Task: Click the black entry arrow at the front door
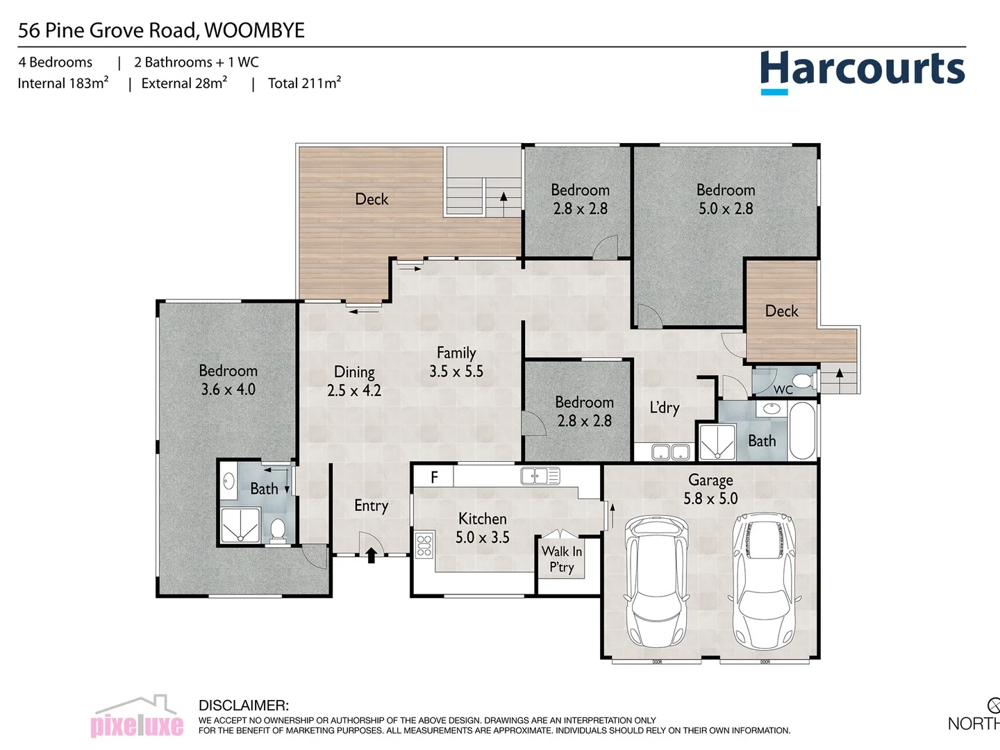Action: click(371, 554)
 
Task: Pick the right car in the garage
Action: click(762, 581)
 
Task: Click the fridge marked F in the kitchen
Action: click(434, 476)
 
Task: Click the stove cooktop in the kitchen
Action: click(424, 544)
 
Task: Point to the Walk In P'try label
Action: click(561, 559)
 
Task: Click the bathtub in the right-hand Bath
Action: click(802, 431)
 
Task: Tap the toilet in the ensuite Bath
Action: click(278, 530)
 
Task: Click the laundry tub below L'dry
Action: click(670, 453)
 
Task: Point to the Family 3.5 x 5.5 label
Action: click(456, 362)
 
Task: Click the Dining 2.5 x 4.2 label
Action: click(354, 381)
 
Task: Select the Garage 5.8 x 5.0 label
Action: click(710, 489)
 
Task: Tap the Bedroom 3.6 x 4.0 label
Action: click(228, 380)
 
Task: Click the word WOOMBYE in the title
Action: click(255, 31)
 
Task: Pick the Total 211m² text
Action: click(304, 83)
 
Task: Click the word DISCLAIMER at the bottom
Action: click(243, 706)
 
